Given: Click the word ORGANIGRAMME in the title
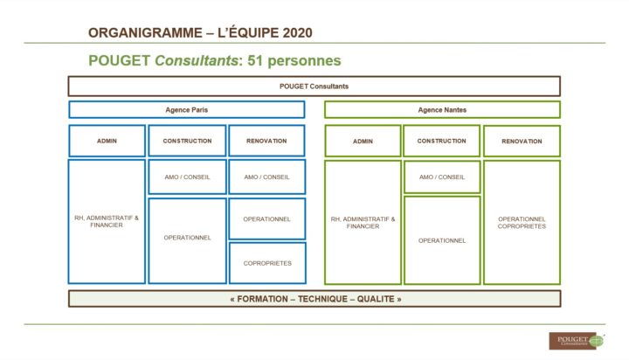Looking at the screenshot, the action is point(145,33).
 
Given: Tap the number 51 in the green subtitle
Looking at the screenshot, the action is point(255,60).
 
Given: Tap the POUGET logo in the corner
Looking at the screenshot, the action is point(577,341).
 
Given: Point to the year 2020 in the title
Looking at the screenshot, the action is point(297,33).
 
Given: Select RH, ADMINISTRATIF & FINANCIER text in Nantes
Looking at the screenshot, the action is point(363,223).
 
